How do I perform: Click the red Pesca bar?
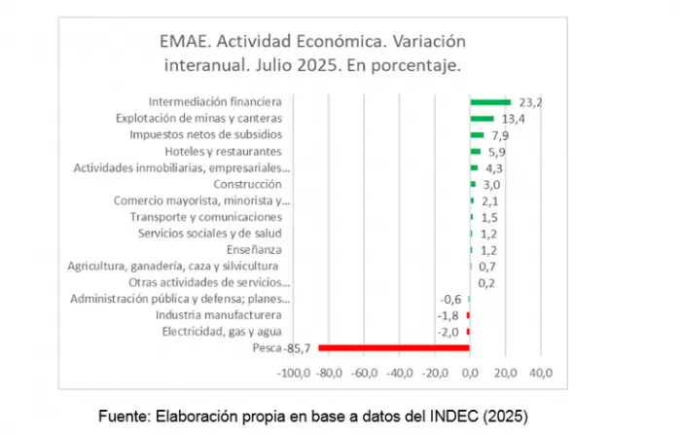[394, 347]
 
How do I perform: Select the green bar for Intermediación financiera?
[490, 101]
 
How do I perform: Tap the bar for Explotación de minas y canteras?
[483, 118]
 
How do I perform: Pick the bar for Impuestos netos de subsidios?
[478, 134]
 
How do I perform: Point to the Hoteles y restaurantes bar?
[476, 151]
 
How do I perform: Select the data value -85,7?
[299, 348]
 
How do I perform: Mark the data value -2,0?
[448, 332]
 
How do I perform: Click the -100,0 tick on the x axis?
[294, 373]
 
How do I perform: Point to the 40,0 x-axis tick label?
[540, 373]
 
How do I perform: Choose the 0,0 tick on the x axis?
[470, 373]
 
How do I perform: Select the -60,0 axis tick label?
[365, 373]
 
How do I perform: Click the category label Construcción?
[247, 184]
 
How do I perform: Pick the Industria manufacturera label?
[219, 315]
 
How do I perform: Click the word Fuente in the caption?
[125, 416]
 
